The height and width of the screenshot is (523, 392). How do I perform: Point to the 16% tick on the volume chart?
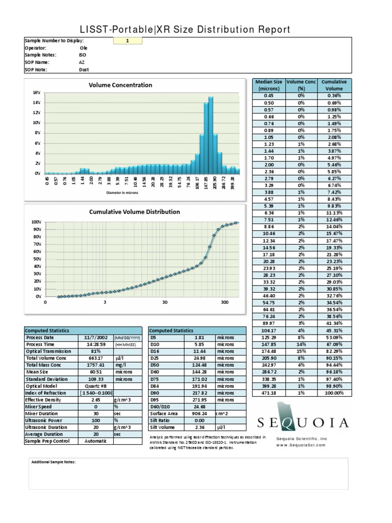pos(37,93)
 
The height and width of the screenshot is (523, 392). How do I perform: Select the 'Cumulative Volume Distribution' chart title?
pos(134,211)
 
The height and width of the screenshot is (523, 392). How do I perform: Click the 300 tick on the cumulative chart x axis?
pos(225,302)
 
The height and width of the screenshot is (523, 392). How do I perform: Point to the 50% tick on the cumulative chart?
pos(36,259)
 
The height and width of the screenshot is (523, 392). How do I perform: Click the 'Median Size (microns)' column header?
pos(270,85)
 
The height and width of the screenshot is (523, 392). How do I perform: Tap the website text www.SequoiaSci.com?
pos(302,445)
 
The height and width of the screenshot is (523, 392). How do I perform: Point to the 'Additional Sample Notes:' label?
pos(53,462)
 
